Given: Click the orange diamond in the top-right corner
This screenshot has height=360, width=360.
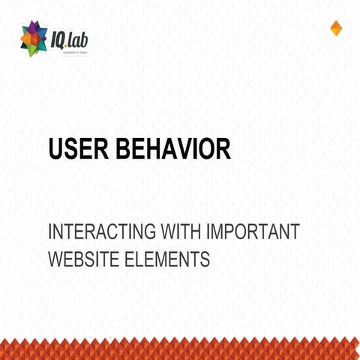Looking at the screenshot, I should pyautogui.click(x=336, y=28).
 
